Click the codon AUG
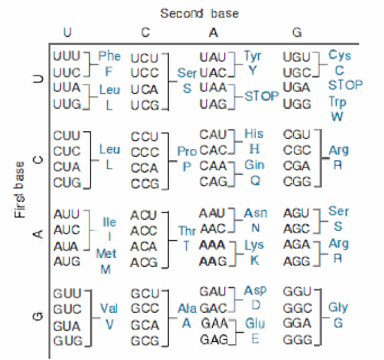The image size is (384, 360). tap(67, 262)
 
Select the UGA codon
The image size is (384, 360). tap(296, 88)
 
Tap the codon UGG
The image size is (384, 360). tap(297, 103)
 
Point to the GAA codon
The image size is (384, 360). tap(214, 323)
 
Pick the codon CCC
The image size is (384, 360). tap(145, 152)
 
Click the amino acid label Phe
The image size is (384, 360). tap(109, 55)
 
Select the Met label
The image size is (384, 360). tap(106, 253)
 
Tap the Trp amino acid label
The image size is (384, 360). tap(337, 102)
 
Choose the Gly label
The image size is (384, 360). tap(338, 307)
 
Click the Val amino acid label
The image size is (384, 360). tap(109, 308)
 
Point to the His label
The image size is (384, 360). tap(253, 133)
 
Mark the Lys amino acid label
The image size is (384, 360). tap(254, 245)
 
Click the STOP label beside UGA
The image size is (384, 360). tap(345, 85)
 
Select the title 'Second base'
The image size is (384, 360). tap(199, 13)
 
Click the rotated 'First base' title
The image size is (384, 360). tap(19, 189)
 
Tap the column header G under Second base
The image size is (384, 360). tap(297, 33)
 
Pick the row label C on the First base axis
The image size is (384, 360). tap(38, 160)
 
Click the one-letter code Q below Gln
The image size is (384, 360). tap(255, 181)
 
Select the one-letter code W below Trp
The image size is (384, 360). tap(337, 117)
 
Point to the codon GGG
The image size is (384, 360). tap(298, 340)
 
